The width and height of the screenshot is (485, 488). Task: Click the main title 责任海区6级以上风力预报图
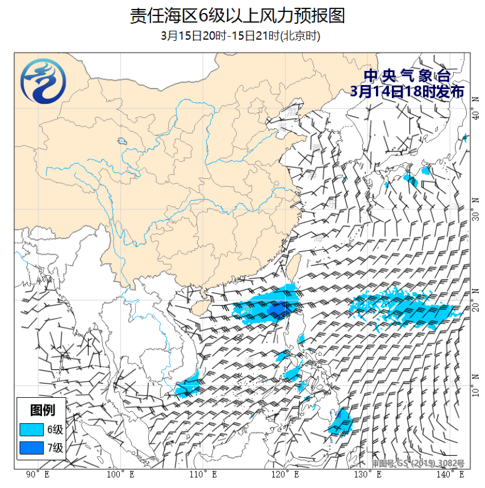click(x=237, y=15)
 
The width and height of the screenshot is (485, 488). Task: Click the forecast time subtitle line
click(x=240, y=36)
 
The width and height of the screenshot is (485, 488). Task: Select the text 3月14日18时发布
click(x=407, y=91)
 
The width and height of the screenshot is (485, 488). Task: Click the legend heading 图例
click(x=43, y=410)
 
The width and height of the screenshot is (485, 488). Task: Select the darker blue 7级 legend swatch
click(x=31, y=448)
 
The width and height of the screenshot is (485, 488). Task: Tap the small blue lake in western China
click(x=122, y=141)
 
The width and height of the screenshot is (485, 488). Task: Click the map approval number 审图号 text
click(x=418, y=464)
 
